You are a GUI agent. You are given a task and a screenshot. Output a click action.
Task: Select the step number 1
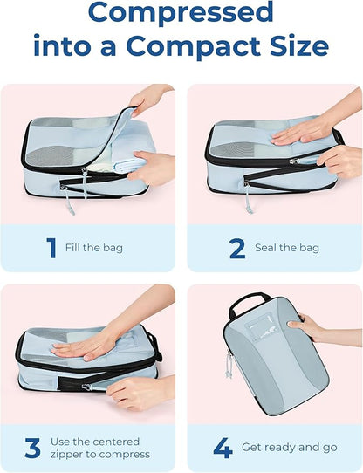(x=50, y=248)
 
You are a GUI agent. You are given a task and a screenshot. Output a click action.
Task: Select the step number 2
(x=236, y=248)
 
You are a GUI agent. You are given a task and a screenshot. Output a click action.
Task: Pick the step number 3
(x=32, y=448)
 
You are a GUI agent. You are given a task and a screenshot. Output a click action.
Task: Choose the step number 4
(x=223, y=448)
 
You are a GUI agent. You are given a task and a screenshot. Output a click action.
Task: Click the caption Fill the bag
(x=94, y=249)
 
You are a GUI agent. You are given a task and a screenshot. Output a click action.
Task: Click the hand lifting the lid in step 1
(x=149, y=98)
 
